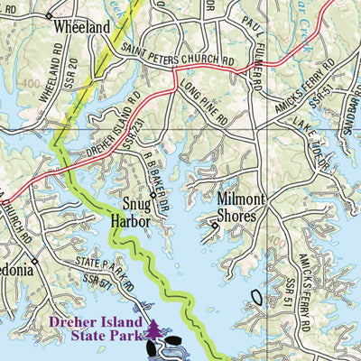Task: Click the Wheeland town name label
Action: point(81,27)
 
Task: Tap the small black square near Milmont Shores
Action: point(214,227)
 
